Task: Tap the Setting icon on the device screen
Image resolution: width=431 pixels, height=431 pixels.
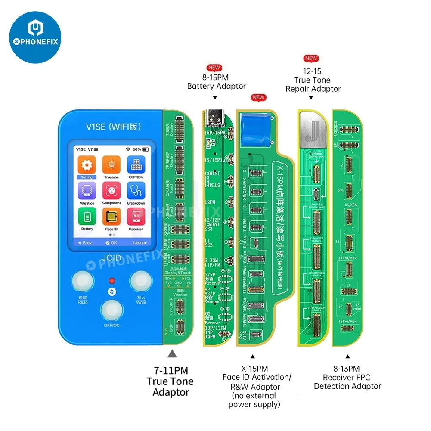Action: (87, 165)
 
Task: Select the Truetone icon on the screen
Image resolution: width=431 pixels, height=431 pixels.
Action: (111, 165)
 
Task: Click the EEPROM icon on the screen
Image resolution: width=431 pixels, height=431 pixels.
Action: (136, 165)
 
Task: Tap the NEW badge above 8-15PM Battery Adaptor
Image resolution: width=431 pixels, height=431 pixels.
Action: (214, 68)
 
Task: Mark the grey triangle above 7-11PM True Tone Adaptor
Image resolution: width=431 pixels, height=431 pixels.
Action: (172, 354)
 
